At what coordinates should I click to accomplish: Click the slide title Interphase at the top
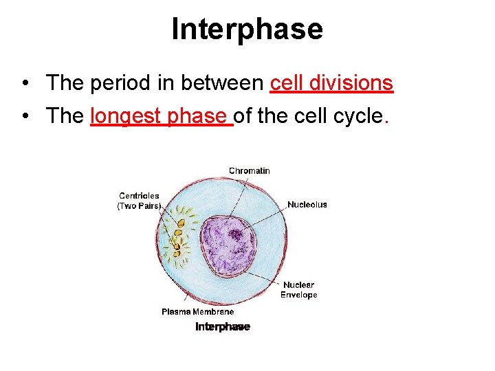click(x=247, y=29)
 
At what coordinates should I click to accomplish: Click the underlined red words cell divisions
click(x=331, y=83)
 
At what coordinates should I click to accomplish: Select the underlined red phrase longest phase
click(x=162, y=116)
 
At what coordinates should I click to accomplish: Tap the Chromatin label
click(x=249, y=170)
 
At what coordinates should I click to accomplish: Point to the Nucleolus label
click(x=307, y=205)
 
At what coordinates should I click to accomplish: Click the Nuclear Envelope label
click(x=298, y=290)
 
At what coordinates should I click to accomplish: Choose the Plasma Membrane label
click(x=197, y=312)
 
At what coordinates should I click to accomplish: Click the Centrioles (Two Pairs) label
click(x=139, y=201)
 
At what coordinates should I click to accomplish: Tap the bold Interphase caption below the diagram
click(x=222, y=327)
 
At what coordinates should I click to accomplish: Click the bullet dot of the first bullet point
click(x=25, y=84)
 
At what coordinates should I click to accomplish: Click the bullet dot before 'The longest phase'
click(x=25, y=117)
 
